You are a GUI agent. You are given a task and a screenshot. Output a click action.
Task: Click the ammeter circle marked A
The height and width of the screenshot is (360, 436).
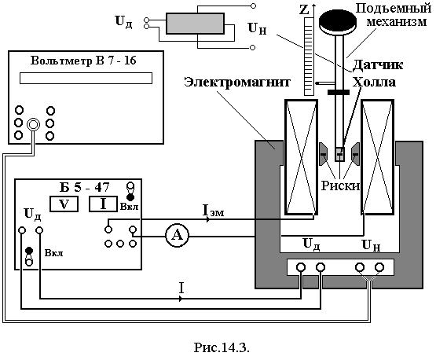177,236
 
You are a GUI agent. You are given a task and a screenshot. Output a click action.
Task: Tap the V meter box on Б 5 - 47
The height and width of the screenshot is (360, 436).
64,204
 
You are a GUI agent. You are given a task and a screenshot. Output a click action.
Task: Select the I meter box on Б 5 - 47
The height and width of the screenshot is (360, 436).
103,204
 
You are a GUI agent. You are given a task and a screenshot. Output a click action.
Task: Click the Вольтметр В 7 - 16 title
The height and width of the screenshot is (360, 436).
83,61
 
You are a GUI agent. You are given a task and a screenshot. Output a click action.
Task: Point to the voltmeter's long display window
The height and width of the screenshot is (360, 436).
86,78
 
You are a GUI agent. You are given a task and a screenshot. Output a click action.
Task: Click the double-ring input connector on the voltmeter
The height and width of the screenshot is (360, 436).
33,124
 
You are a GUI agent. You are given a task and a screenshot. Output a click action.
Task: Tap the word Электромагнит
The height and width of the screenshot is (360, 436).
237,82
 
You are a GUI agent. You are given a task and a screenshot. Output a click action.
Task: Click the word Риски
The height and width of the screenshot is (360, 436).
340,186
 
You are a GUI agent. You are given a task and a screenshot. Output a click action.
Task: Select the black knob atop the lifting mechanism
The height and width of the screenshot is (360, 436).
338,20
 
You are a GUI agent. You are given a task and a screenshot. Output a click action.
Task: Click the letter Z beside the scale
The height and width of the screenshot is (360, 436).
305,10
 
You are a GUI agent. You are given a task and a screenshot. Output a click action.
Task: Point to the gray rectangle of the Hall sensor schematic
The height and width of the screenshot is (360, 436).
195,24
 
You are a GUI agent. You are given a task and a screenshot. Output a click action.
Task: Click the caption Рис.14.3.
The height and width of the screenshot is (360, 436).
222,347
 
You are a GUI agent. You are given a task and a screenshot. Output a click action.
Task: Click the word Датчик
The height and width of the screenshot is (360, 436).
378,64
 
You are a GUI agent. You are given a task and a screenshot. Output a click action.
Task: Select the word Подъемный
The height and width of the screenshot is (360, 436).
393,9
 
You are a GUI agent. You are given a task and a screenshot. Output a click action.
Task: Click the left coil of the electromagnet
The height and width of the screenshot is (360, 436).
301,157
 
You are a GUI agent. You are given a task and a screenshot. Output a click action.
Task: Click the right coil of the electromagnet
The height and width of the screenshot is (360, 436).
377,157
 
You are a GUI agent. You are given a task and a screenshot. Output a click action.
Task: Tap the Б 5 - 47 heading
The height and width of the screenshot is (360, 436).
85,187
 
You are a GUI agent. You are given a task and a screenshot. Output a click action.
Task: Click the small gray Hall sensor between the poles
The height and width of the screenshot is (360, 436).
340,154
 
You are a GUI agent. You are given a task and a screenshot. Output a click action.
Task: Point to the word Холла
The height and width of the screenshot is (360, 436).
374,83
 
